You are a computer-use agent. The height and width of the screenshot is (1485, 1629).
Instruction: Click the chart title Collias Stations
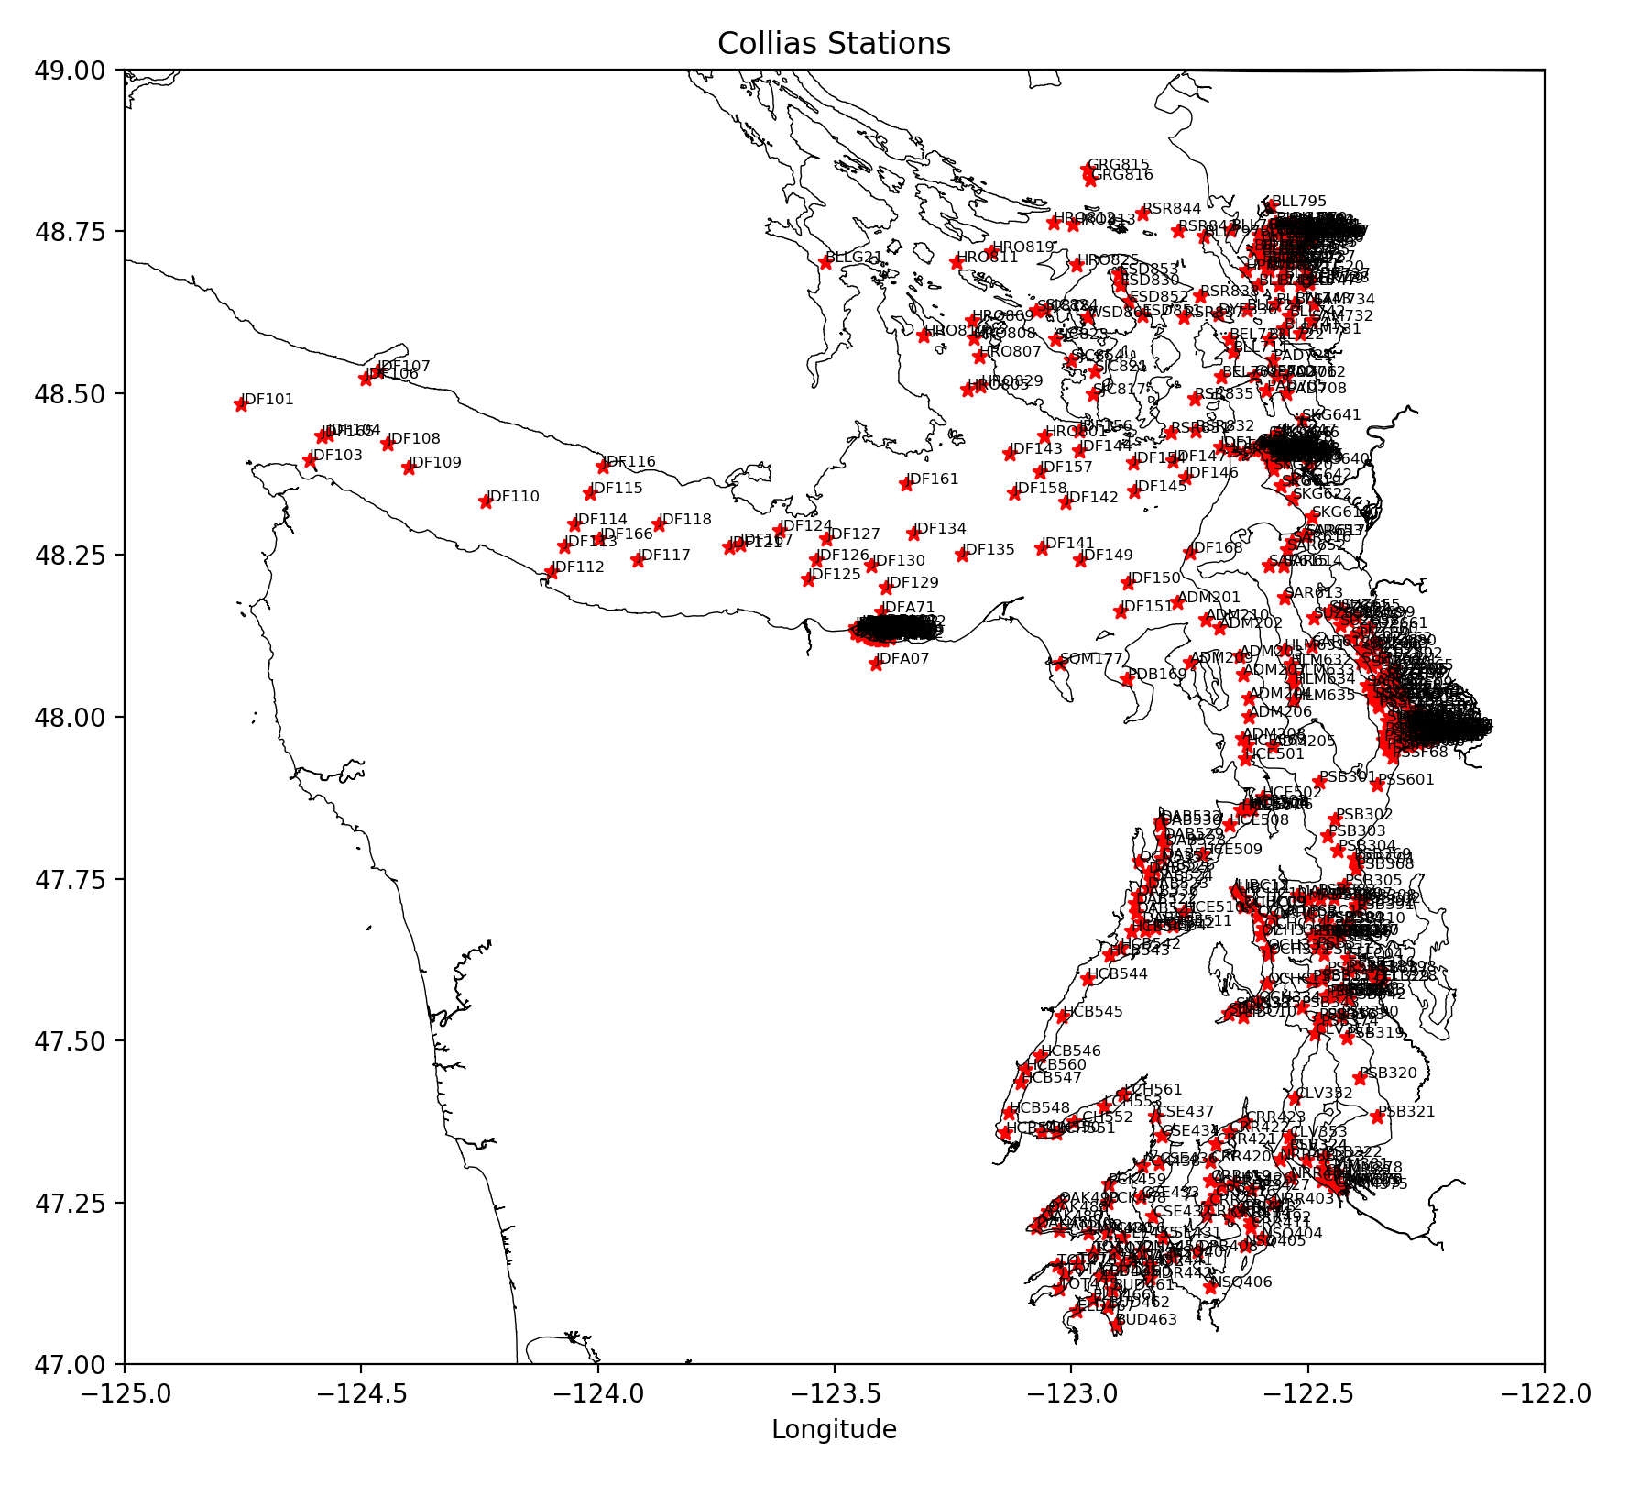click(x=834, y=44)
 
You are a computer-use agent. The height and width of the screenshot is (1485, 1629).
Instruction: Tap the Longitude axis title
click(x=834, y=1429)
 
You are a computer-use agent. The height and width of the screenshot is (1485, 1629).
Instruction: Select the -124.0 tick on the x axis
click(x=598, y=1394)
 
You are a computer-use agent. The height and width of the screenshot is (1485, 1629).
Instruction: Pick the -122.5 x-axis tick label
click(x=1307, y=1394)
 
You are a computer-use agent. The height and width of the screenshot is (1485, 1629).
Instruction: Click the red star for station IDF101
click(x=241, y=404)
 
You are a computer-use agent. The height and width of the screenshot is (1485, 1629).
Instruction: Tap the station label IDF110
click(x=513, y=497)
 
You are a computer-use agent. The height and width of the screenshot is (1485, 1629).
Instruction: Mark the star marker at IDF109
click(x=409, y=467)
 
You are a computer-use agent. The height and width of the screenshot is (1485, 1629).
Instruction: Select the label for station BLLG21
click(x=854, y=258)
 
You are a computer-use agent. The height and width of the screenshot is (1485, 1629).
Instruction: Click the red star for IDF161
click(x=906, y=483)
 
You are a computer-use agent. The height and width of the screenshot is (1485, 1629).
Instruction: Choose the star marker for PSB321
click(x=1377, y=1116)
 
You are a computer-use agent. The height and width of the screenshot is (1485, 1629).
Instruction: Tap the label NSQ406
click(x=1242, y=1282)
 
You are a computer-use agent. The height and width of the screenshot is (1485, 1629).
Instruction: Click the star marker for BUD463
click(x=1116, y=1325)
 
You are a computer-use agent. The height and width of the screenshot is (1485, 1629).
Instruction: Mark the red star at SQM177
click(x=1061, y=664)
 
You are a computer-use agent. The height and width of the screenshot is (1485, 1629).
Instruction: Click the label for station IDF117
click(x=664, y=555)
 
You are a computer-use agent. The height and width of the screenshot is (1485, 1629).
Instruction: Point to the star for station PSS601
click(x=1377, y=785)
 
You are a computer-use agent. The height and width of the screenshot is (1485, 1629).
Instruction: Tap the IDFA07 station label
click(x=903, y=659)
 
